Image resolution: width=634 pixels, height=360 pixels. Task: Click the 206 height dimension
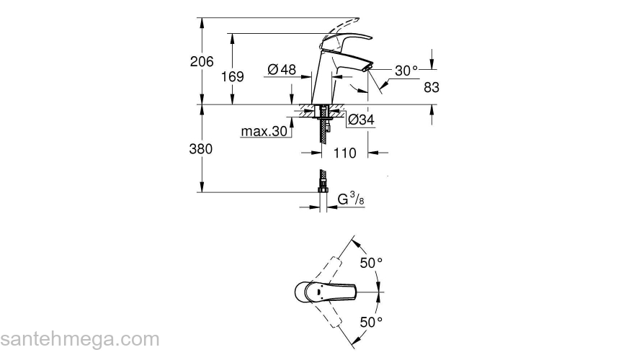pyautogui.click(x=202, y=62)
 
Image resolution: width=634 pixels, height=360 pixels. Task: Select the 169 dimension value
pyautogui.click(x=232, y=76)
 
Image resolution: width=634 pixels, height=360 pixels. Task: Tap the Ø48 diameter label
pyautogui.click(x=282, y=70)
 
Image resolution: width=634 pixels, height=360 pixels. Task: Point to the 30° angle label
pyautogui.click(x=406, y=71)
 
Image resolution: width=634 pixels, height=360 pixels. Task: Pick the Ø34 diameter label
pyautogui.click(x=361, y=120)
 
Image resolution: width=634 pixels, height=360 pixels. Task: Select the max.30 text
pyautogui.click(x=264, y=132)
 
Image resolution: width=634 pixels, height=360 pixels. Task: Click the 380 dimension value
pyautogui.click(x=202, y=149)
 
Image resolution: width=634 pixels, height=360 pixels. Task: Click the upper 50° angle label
pyautogui.click(x=371, y=264)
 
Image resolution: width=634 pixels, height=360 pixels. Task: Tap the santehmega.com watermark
pyautogui.click(x=79, y=339)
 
